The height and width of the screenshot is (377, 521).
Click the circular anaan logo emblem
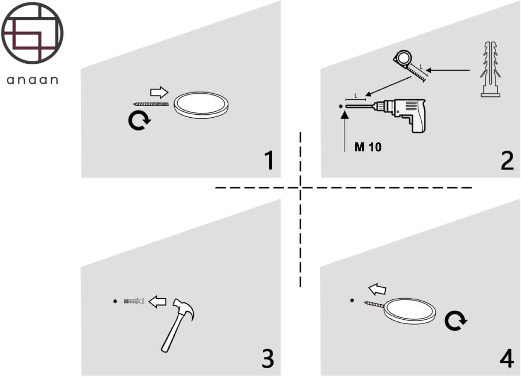[x=32, y=33]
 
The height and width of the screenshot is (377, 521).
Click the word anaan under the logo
[x=33, y=80]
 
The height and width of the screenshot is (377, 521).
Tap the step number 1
[x=269, y=160]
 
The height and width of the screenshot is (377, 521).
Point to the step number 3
[x=268, y=358]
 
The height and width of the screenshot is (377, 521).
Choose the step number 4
[x=506, y=358]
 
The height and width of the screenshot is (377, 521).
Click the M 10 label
[x=368, y=147]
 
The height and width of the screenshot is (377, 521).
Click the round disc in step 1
[x=201, y=105]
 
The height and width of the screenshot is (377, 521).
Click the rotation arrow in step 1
[x=139, y=121]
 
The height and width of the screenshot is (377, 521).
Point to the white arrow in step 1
[x=159, y=92]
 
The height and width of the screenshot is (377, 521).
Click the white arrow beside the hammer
[x=157, y=301]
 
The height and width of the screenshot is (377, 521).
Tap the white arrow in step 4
[x=377, y=289]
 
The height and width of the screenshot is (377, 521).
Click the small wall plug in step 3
[x=134, y=301]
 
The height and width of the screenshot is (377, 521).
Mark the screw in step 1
[x=151, y=104]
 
